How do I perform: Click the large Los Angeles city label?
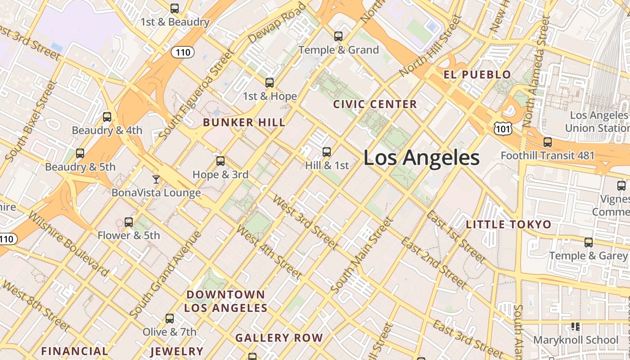point(421,158)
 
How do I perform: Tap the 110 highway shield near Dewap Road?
point(183,52)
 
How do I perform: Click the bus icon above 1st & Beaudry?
point(175,8)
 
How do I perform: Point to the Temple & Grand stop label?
point(339,50)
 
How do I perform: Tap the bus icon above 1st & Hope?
point(270,82)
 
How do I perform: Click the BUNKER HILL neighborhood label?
point(244,122)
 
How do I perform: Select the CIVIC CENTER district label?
point(375,104)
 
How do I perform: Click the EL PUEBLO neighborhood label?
point(477,75)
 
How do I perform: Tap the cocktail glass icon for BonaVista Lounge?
point(156,179)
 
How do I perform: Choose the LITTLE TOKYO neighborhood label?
point(508,225)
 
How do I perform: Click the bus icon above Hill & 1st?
point(327,152)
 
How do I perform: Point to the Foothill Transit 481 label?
point(548,156)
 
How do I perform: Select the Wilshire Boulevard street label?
point(68,243)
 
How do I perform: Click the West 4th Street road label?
point(269,252)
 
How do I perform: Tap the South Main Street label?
point(362,255)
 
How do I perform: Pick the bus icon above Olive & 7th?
point(170,319)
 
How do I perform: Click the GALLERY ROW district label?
point(279,337)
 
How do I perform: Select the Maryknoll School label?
point(576,340)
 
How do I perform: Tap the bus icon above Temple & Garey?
point(589,243)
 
